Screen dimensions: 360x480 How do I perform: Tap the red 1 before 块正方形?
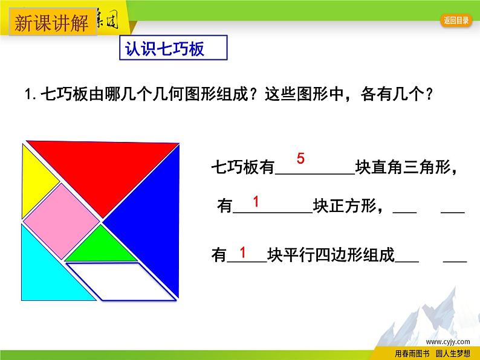(256, 201)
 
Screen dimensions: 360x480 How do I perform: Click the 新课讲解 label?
(51, 24)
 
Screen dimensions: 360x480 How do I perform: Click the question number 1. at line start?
(29, 95)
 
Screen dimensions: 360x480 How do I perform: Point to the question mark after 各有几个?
(429, 94)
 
